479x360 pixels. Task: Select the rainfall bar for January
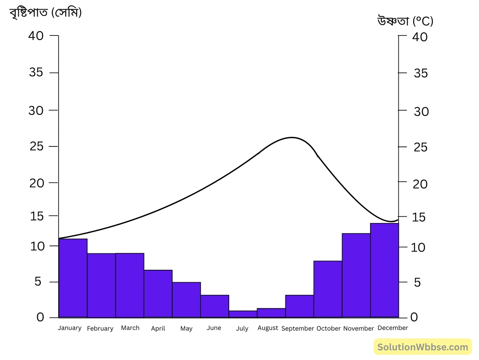click(73, 278)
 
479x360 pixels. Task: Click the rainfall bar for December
click(384, 270)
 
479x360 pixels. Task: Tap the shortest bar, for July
click(243, 314)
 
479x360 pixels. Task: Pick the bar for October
click(328, 289)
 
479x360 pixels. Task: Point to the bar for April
click(158, 293)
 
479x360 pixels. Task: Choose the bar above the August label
click(271, 313)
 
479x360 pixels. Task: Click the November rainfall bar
click(356, 275)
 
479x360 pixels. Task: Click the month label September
click(297, 328)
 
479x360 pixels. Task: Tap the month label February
click(100, 328)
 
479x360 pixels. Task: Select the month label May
click(186, 328)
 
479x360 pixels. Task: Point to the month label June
click(214, 328)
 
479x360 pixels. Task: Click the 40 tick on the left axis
click(36, 36)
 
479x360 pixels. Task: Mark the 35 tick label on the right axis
click(421, 73)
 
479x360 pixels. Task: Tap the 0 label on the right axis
click(414, 317)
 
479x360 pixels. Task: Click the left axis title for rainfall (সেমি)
click(46, 13)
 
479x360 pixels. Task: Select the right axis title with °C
click(405, 21)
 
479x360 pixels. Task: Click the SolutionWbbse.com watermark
click(423, 347)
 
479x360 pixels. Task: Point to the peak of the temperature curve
click(292, 137)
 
